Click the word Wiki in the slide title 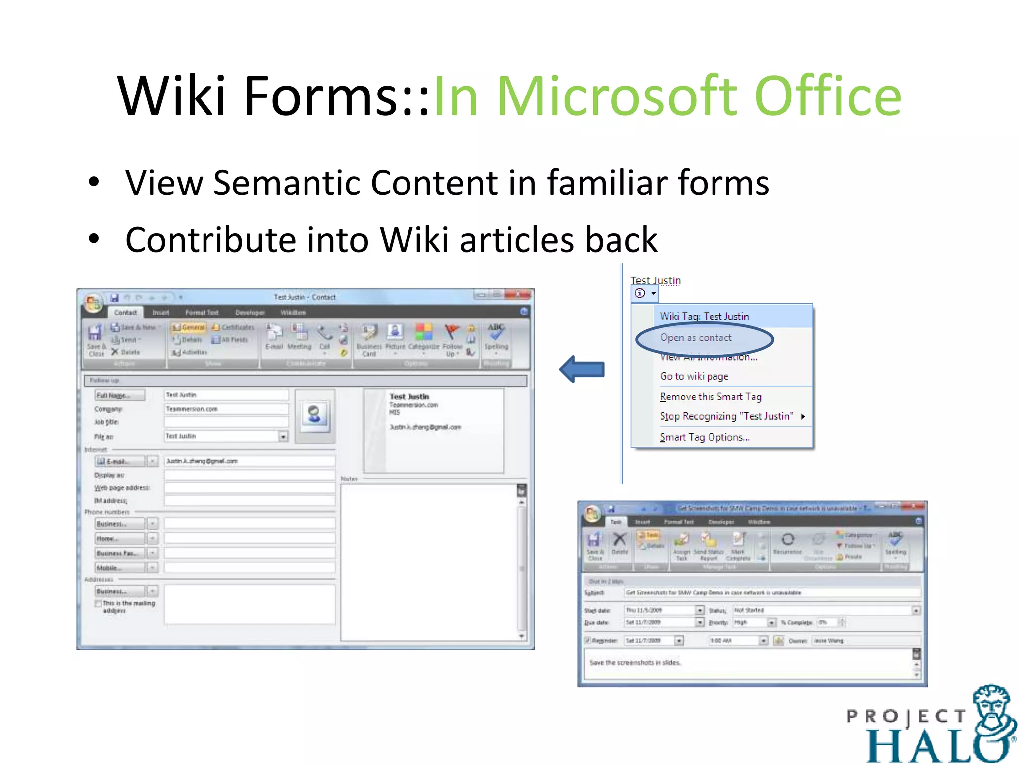click(x=172, y=95)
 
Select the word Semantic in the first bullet click(x=286, y=183)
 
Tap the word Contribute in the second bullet click(x=211, y=240)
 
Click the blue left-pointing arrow click(x=582, y=369)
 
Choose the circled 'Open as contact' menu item click(x=696, y=338)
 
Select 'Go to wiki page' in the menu click(x=694, y=376)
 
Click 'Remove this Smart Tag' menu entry click(x=710, y=397)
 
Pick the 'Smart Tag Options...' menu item click(x=705, y=437)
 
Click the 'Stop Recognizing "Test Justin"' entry click(x=726, y=416)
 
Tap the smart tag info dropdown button click(x=645, y=293)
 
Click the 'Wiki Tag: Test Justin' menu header click(x=704, y=316)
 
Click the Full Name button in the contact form click(x=119, y=395)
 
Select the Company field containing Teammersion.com click(x=226, y=409)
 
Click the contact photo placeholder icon click(x=314, y=414)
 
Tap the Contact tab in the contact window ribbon click(x=125, y=312)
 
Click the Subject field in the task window click(x=771, y=593)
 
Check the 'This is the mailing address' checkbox click(x=98, y=603)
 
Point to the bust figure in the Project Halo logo click(x=993, y=716)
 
